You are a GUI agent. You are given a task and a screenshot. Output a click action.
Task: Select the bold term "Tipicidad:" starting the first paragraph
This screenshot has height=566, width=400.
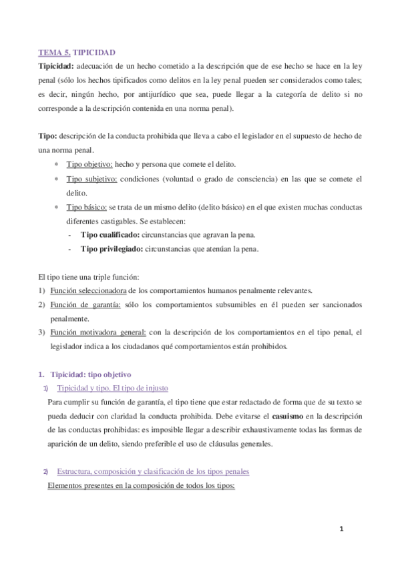coord(56,66)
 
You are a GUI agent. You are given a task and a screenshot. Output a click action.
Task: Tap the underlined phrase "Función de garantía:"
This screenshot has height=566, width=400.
coord(85,304)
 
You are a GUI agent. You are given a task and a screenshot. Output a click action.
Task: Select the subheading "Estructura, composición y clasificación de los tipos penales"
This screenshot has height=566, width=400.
coord(153,471)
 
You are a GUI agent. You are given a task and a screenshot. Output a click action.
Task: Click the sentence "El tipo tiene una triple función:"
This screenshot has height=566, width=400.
coord(90,276)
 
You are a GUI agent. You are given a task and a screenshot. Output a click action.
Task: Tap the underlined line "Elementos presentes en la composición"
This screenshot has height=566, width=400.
coord(142,485)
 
